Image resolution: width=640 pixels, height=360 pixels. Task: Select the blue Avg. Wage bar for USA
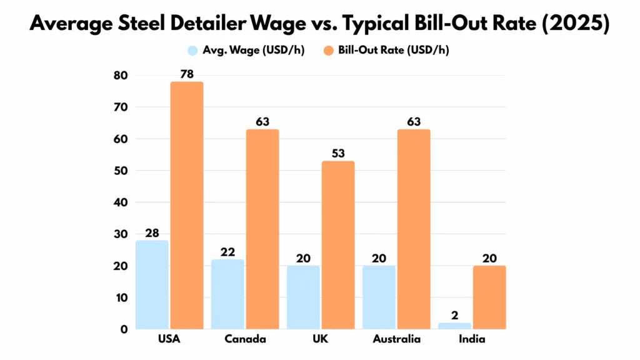click(x=152, y=284)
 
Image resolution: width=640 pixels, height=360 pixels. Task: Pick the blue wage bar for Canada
click(x=228, y=294)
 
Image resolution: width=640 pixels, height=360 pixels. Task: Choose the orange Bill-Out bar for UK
click(x=338, y=245)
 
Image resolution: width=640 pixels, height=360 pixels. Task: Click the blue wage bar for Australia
click(x=379, y=297)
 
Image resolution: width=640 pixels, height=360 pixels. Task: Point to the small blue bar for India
click(x=454, y=326)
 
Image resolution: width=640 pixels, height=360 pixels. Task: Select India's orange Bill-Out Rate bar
click(x=489, y=297)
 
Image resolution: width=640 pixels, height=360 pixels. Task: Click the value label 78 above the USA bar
click(x=187, y=74)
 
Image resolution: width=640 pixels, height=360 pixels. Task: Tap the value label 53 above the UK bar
click(x=338, y=154)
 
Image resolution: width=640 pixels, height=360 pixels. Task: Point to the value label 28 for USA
click(x=152, y=233)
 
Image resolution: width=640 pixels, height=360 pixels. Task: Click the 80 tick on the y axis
click(x=120, y=76)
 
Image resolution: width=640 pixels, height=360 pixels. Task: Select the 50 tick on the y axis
click(x=120, y=171)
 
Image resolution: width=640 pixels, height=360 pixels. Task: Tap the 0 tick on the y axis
click(x=124, y=329)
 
